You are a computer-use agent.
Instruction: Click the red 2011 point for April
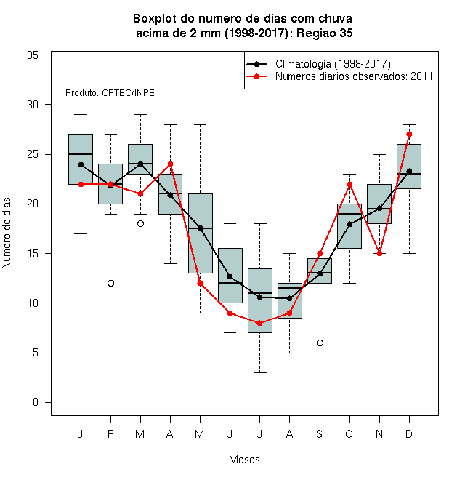pyautogui.click(x=171, y=164)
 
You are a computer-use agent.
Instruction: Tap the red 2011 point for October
pyautogui.click(x=349, y=184)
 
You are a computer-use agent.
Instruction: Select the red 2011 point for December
pyautogui.click(x=409, y=134)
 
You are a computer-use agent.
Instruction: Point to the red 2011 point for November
pyautogui.click(x=380, y=254)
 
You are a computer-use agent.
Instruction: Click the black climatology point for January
pyautogui.click(x=81, y=164)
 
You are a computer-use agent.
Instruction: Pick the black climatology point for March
pyautogui.click(x=140, y=164)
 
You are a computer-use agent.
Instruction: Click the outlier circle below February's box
pyautogui.click(x=110, y=284)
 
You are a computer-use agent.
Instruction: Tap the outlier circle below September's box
pyautogui.click(x=320, y=343)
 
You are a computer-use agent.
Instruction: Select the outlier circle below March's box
pyautogui.click(x=140, y=224)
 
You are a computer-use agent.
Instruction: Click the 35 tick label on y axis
pyautogui.click(x=33, y=55)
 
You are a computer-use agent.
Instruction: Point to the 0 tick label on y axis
pyautogui.click(x=36, y=402)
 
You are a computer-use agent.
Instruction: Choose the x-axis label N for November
pyautogui.click(x=379, y=434)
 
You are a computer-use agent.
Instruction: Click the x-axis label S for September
pyautogui.click(x=320, y=434)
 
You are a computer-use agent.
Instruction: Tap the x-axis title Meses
pyautogui.click(x=244, y=460)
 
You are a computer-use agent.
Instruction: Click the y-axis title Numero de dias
pyautogui.click(x=7, y=233)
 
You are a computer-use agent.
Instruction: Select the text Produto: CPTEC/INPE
pyautogui.click(x=110, y=93)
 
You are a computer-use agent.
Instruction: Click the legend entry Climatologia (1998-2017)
pyautogui.click(x=333, y=64)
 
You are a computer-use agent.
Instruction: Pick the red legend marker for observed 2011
pyautogui.click(x=256, y=76)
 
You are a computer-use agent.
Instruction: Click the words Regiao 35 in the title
pyautogui.click(x=325, y=33)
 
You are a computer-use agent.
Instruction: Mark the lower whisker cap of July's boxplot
pyautogui.click(x=259, y=372)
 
